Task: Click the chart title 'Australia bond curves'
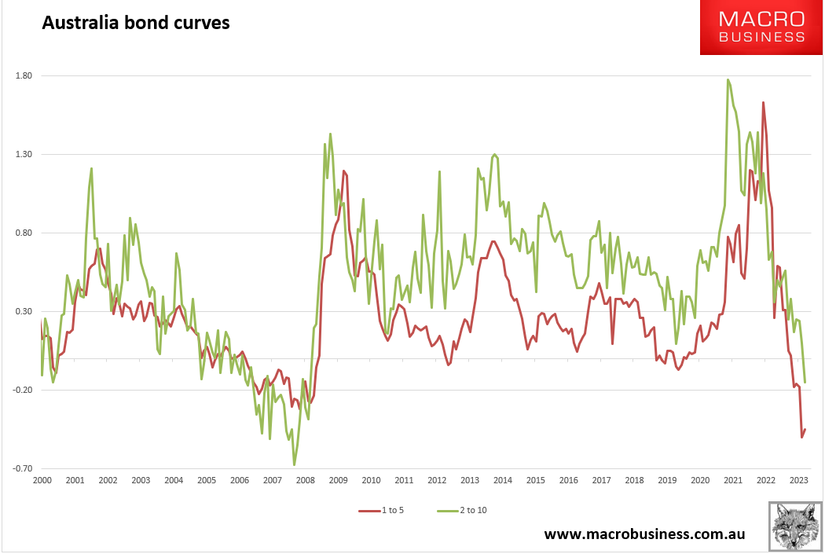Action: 135,23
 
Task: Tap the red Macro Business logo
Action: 762,28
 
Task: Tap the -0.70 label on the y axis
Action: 20,469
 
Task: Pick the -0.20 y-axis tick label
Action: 20,391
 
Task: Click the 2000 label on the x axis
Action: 42,480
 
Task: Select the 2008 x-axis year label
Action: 305,480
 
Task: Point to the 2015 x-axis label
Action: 536,480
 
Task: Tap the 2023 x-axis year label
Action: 798,480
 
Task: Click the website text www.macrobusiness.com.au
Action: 644,534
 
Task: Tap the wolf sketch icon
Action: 795,526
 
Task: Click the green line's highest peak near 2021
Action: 728,79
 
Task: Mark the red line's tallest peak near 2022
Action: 763,102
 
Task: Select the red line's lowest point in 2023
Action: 801,437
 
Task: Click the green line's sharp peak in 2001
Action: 92,168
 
